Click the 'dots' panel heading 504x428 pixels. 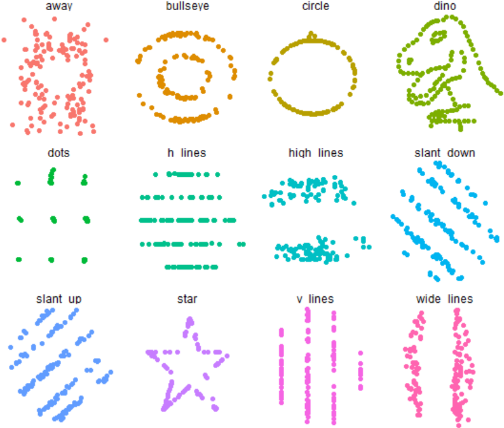58,153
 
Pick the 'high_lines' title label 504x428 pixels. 315,153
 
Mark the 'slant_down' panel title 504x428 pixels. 444,153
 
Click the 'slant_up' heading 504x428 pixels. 58,298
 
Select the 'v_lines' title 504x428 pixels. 315,298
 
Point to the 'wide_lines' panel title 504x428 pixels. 444,298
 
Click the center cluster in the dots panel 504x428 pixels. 53,219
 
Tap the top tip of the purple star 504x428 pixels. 189,320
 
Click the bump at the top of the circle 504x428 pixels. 310,35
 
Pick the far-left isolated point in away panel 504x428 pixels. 4,40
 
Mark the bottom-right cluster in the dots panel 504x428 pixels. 85,259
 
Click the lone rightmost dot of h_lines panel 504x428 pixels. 242,244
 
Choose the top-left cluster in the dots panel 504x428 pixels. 18,183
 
